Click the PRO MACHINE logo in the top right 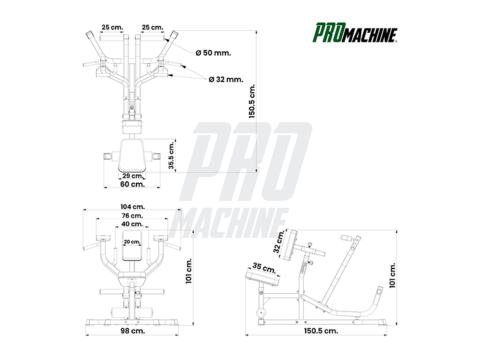pos(356,32)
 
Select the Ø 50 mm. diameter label pos(213,53)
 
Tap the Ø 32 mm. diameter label pos(225,80)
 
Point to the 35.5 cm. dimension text pos(171,155)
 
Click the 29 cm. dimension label pos(132,176)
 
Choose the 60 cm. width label pos(133,184)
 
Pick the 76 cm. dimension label pos(132,215)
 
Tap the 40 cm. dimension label pos(132,224)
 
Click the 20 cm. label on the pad pos(132,242)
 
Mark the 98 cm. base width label pos(133,330)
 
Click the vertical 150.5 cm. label pos(251,101)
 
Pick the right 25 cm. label pos(152,27)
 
